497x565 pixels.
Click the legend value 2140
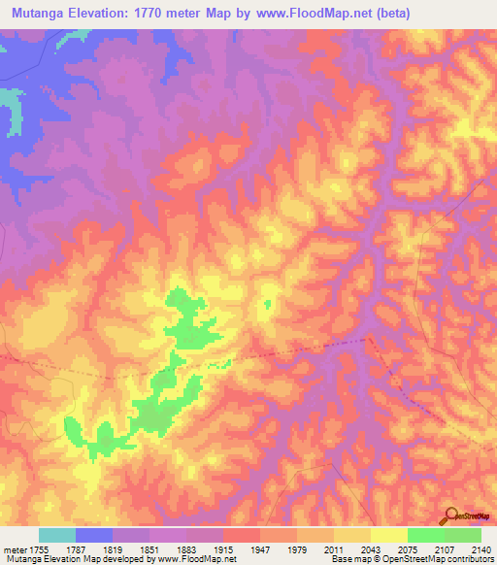pos(481,550)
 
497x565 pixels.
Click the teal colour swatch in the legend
pos(56,535)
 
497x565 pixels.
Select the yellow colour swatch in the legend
pos(388,535)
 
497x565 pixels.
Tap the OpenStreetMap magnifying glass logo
pos(449,515)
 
